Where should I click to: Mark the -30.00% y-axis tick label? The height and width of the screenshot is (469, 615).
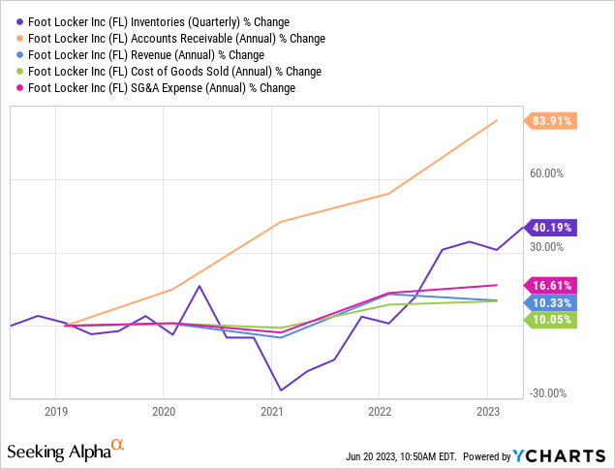(548, 392)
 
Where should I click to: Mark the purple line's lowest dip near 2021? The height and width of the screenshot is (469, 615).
(281, 391)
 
